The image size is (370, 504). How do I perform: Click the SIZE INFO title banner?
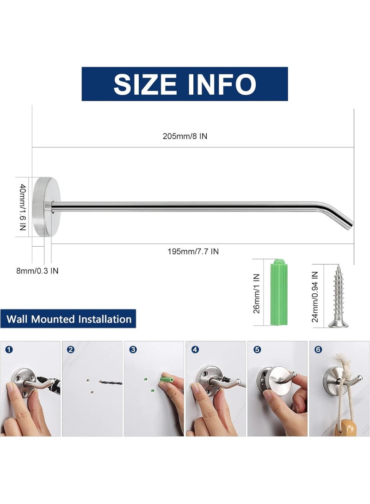click(x=185, y=84)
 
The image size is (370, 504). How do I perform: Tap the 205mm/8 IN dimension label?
click(x=185, y=136)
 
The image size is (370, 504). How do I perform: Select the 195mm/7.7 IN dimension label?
click(x=193, y=251)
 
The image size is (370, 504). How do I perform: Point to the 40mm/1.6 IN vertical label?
click(x=23, y=207)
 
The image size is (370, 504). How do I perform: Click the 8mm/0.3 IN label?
click(x=37, y=271)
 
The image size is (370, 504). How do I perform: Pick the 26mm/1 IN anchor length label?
click(x=256, y=293)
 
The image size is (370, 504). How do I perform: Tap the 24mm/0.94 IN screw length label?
click(x=315, y=297)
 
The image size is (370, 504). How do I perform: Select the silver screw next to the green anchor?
click(x=338, y=296)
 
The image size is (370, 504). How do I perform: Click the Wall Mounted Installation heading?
click(x=68, y=319)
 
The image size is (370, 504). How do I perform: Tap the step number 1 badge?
click(x=9, y=349)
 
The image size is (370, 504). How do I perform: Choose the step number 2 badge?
click(x=71, y=349)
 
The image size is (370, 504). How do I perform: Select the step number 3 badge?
click(x=133, y=349)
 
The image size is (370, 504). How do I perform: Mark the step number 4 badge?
click(x=195, y=349)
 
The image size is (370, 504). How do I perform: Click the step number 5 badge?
click(x=257, y=349)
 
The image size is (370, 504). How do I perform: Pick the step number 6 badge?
click(x=318, y=349)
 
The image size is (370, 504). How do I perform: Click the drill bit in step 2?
click(x=111, y=383)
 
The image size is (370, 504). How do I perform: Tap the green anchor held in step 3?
click(x=167, y=380)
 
